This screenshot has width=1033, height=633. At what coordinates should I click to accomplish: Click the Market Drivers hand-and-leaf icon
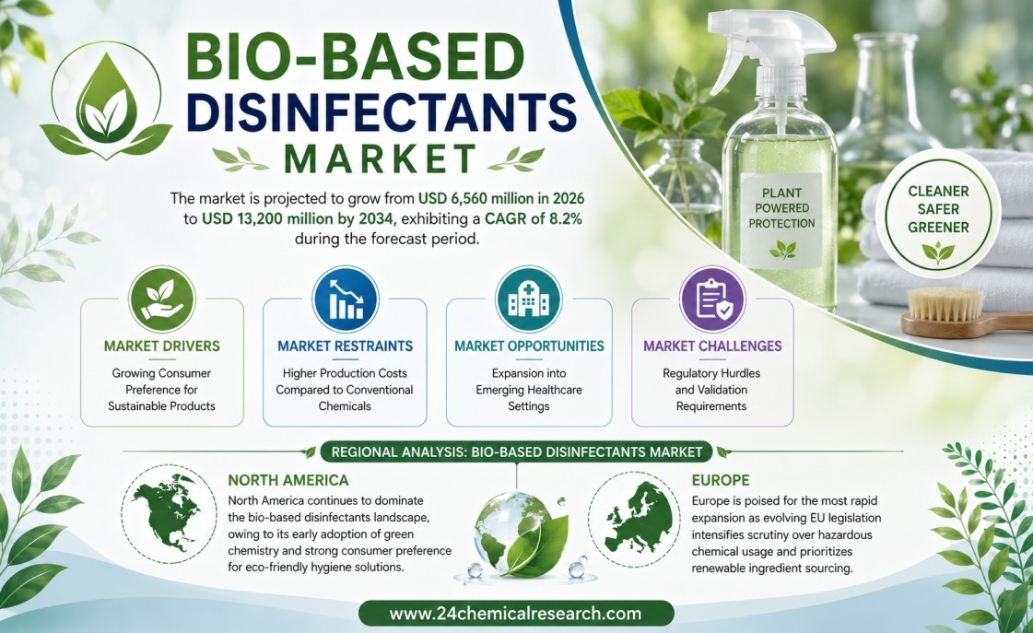(x=162, y=299)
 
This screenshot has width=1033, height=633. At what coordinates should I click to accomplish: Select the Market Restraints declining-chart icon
(x=346, y=299)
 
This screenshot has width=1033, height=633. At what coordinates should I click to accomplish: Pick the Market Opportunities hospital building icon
(x=528, y=299)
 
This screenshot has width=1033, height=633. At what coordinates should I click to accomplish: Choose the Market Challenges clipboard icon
(x=712, y=299)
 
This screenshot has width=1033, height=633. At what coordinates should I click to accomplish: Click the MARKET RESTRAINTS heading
(x=346, y=346)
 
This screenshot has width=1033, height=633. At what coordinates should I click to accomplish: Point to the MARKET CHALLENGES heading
(x=712, y=346)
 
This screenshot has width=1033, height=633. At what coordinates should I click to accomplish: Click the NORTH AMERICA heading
(x=288, y=480)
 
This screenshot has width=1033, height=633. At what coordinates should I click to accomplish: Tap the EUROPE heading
(x=721, y=480)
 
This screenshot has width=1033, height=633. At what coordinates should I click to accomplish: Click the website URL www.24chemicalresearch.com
(x=515, y=614)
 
